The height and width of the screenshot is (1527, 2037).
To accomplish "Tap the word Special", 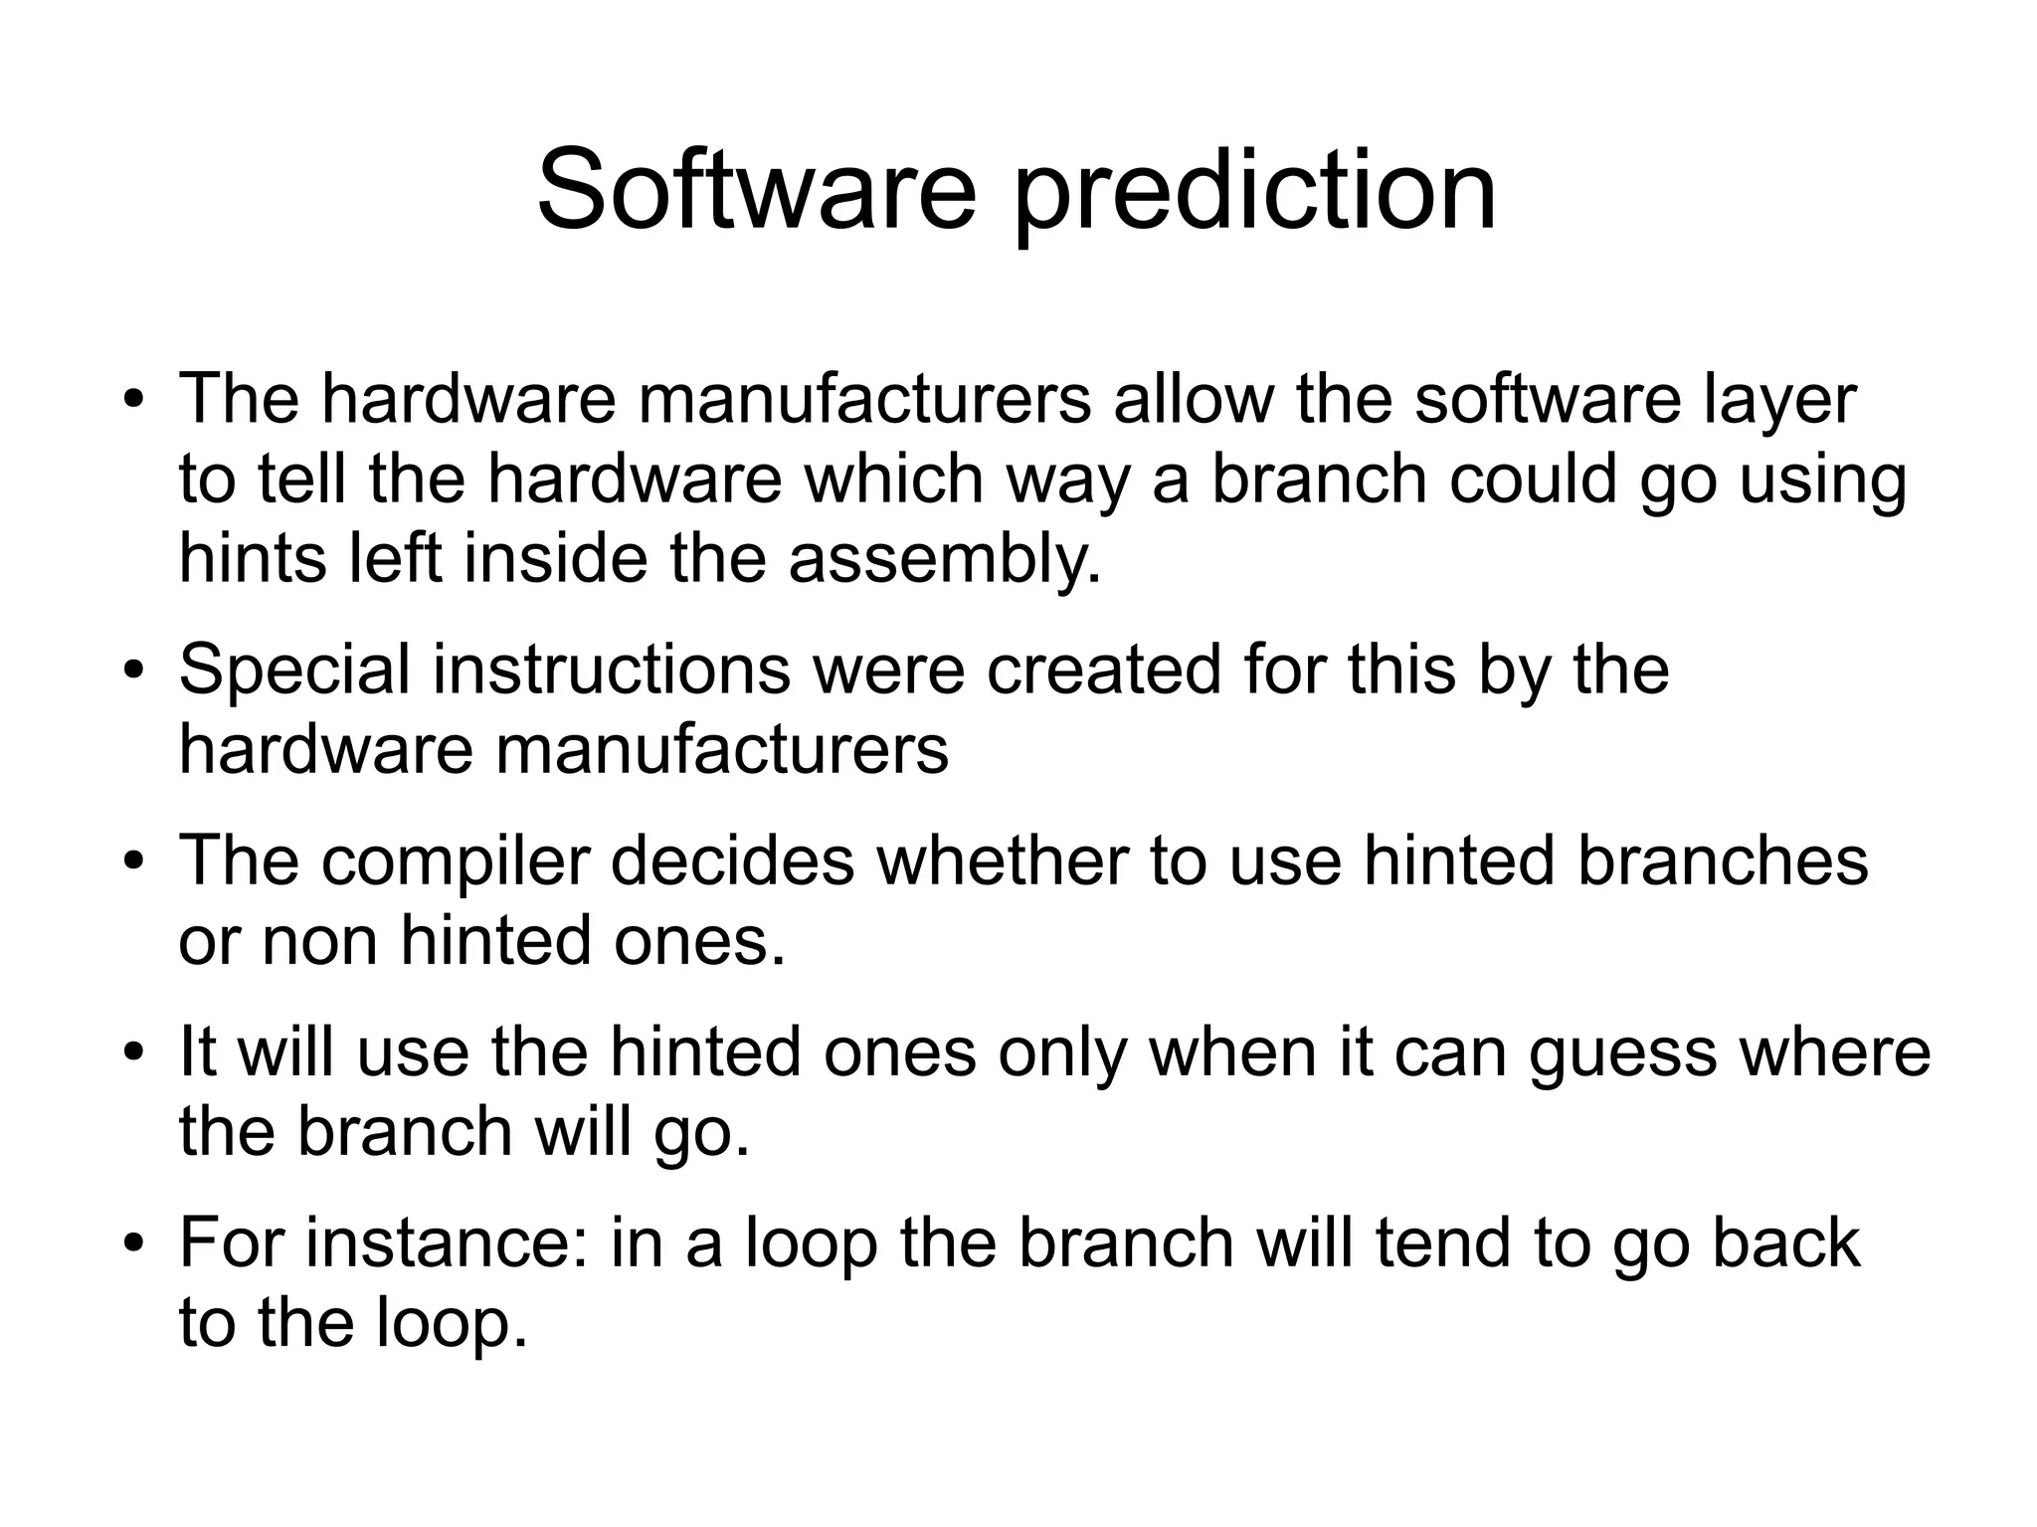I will coord(294,670).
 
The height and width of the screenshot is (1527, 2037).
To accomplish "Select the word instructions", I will coord(612,669).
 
